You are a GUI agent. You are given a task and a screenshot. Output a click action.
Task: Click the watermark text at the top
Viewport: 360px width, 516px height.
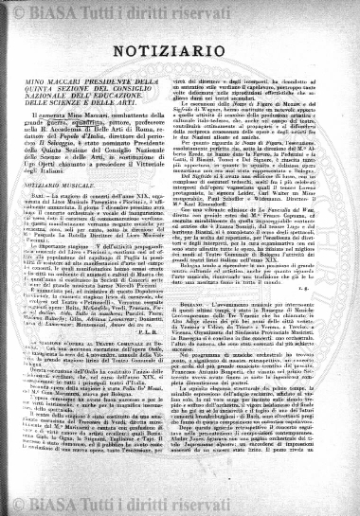180,11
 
